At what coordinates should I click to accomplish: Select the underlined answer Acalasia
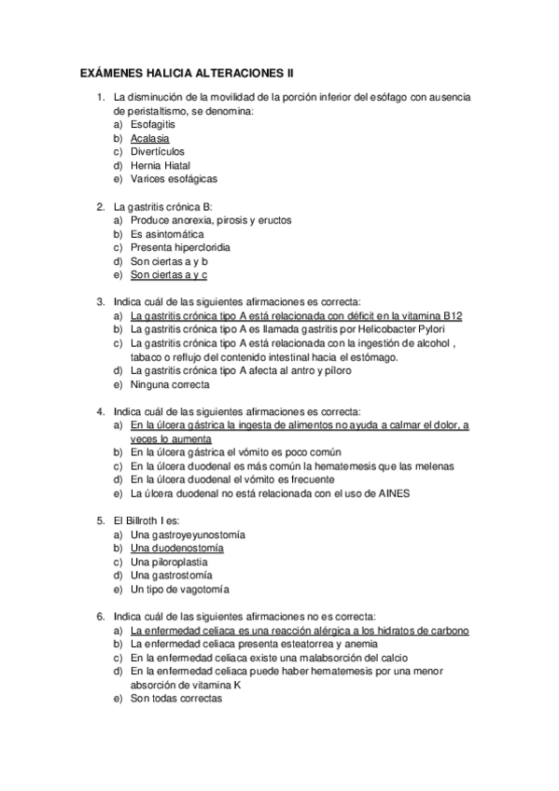point(150,137)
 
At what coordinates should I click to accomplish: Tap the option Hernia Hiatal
point(161,164)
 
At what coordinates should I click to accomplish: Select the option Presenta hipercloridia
point(179,248)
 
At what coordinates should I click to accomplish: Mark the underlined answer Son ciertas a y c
point(169,275)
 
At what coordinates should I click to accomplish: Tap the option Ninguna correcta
point(171,384)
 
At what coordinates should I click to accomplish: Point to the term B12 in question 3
point(453,316)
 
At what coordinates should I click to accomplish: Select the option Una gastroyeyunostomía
point(188,534)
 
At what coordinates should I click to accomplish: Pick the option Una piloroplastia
point(169,562)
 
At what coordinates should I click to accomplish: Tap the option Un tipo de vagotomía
point(180,590)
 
